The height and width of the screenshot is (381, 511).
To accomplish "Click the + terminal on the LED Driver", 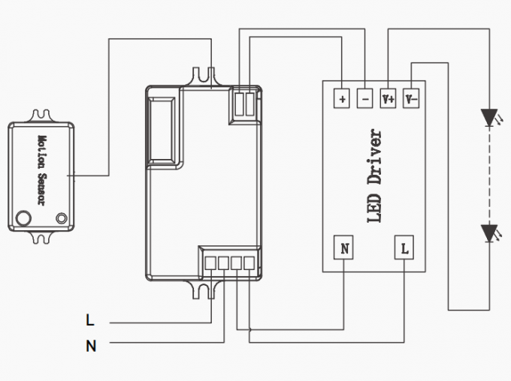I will tap(342, 98).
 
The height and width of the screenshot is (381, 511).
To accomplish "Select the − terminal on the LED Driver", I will tap(364, 98).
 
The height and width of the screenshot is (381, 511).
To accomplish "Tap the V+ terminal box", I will tap(388, 98).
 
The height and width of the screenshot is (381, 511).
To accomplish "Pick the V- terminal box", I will tap(410, 98).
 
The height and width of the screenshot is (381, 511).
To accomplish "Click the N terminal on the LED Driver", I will tap(344, 247).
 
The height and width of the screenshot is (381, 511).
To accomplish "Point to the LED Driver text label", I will tap(376, 177).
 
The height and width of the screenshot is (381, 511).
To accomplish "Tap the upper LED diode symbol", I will tap(489, 117).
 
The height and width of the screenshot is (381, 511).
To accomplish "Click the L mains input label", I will tap(90, 321).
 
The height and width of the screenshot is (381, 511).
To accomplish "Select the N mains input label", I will tap(91, 346).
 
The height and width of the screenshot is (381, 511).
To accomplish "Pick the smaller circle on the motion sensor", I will tap(61, 219).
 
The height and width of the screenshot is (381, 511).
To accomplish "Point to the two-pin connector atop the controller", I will tap(245, 103).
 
